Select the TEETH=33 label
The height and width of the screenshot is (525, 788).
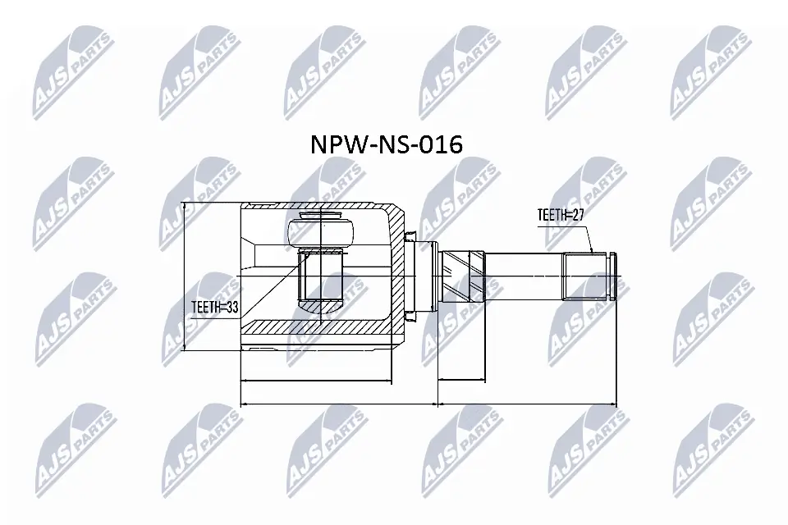[214, 308]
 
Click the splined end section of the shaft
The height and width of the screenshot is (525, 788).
[584, 276]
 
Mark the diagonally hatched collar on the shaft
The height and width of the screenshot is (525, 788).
[463, 276]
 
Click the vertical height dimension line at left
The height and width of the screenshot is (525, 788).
[185, 276]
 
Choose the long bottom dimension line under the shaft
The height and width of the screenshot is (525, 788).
[526, 404]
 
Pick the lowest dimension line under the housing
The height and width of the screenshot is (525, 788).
[337, 404]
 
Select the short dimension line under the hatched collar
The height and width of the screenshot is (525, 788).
[462, 380]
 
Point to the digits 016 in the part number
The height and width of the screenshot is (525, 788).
[439, 144]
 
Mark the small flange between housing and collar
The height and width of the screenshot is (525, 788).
[426, 276]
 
